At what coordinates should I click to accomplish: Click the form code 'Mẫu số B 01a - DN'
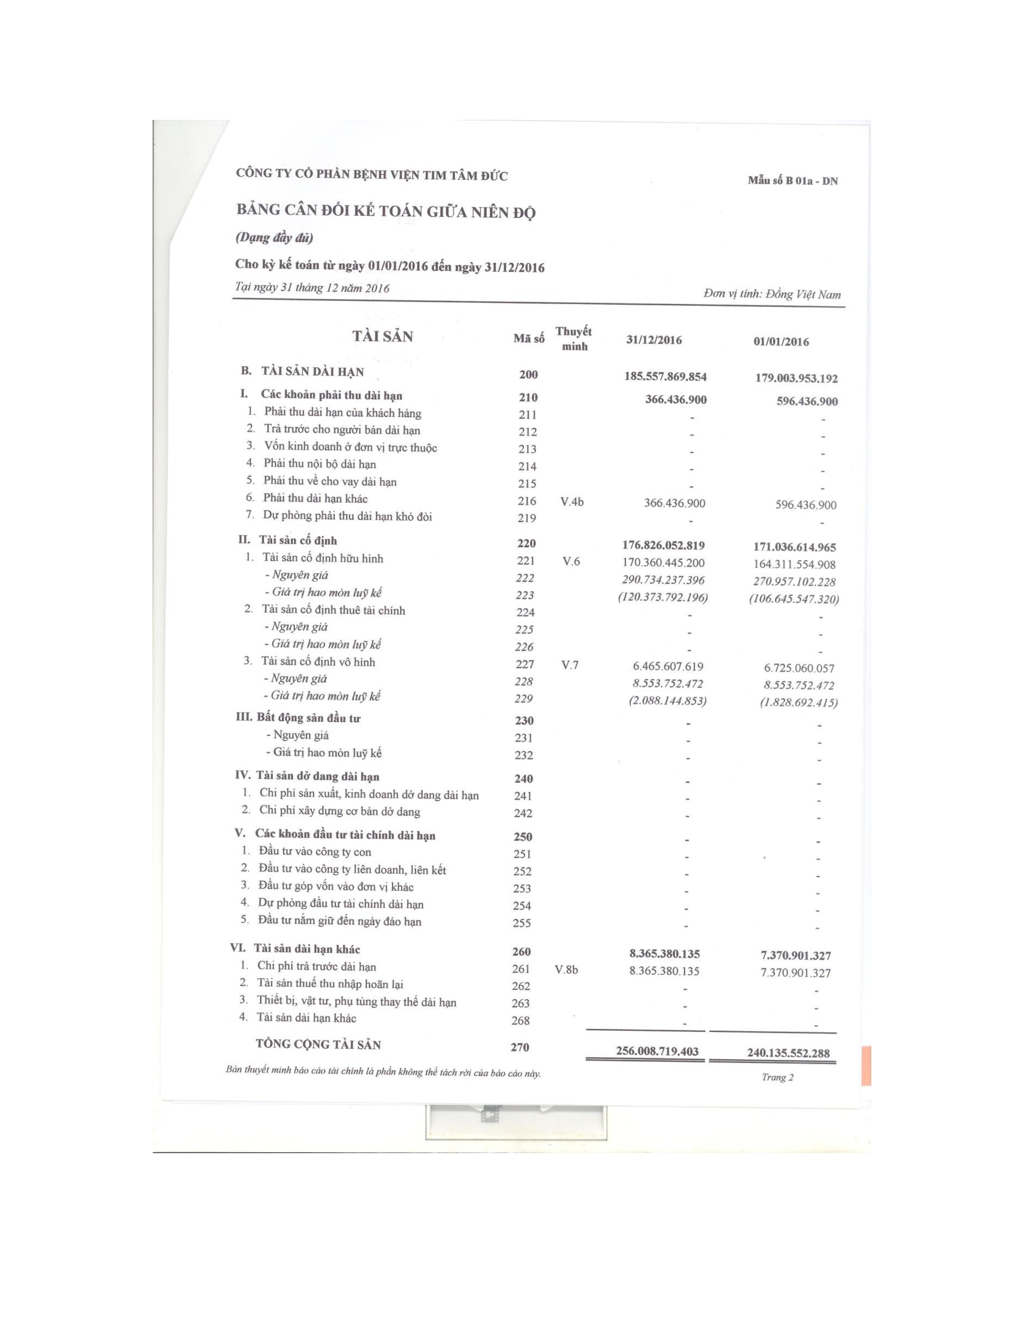[792, 181]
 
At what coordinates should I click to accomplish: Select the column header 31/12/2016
[654, 340]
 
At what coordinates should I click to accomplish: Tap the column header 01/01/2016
[780, 342]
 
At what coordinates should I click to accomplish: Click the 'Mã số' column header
[529, 339]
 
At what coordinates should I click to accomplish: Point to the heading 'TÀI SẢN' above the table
[383, 337]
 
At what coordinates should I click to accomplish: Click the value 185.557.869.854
[665, 377]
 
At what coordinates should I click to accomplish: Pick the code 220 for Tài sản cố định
[526, 544]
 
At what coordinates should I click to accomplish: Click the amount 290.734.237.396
[663, 580]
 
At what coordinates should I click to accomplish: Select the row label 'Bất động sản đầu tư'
[308, 719]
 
